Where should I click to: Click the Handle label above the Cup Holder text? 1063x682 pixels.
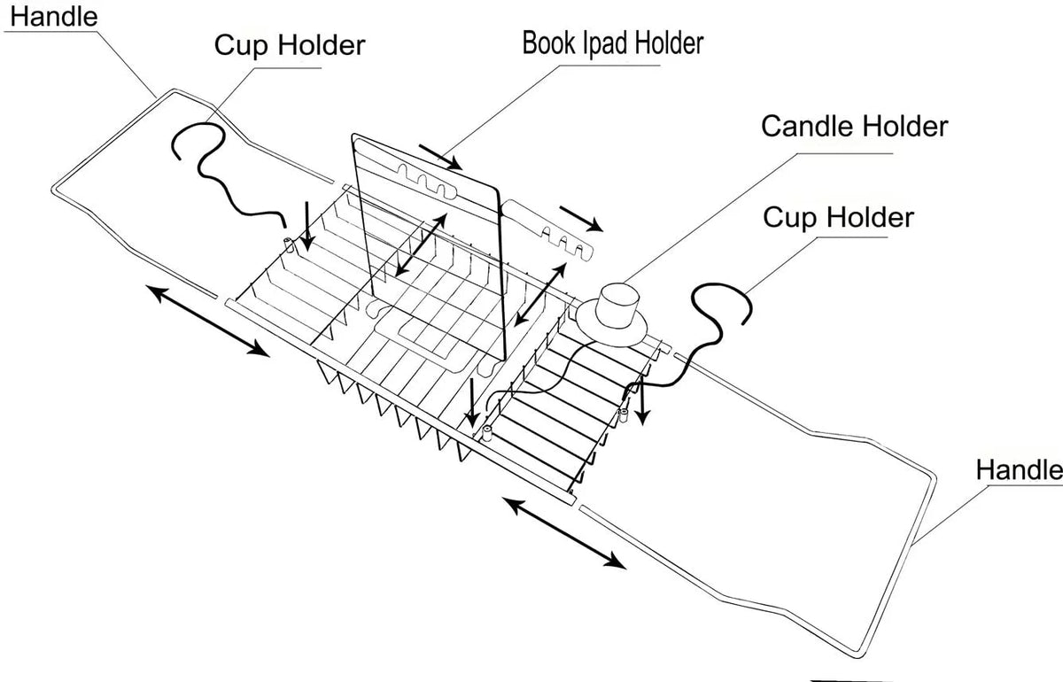[54, 17]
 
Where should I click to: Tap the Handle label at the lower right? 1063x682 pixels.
[1020, 469]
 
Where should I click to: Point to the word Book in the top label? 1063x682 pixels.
[549, 43]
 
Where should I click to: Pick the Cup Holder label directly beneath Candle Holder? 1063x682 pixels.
[839, 218]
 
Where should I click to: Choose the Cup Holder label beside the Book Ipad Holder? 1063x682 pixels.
[290, 45]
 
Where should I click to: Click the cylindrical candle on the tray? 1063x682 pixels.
[618, 305]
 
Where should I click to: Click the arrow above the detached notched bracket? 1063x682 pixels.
[581, 219]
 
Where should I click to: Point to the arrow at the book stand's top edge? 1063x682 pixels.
[440, 157]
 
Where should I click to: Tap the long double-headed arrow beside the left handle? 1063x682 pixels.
[207, 321]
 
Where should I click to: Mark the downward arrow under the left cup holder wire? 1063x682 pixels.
[307, 227]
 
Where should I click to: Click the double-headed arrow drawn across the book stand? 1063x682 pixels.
[421, 244]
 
